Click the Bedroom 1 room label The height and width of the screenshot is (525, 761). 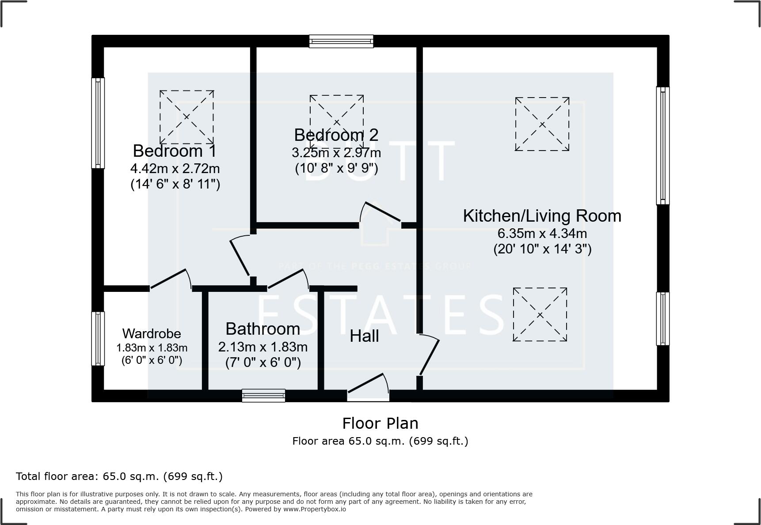click(x=175, y=151)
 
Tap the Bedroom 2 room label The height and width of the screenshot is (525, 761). click(x=336, y=135)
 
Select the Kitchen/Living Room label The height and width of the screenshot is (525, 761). click(x=542, y=216)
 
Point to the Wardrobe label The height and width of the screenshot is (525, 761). click(x=152, y=333)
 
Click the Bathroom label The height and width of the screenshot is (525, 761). click(x=263, y=329)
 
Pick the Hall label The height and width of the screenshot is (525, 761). click(x=364, y=336)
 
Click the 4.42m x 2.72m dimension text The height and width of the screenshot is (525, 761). click(x=175, y=169)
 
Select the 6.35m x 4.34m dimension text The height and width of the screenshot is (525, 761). click(x=542, y=233)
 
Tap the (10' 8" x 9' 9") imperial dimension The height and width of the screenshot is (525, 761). click(x=336, y=168)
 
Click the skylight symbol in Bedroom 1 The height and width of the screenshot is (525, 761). click(x=186, y=117)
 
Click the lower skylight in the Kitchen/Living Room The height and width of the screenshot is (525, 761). click(x=540, y=315)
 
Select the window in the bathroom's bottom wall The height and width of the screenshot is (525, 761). click(x=263, y=396)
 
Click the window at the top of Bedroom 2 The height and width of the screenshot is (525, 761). click(x=341, y=42)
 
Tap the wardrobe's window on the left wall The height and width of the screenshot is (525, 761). click(x=98, y=339)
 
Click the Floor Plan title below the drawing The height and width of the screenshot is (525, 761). click(x=380, y=423)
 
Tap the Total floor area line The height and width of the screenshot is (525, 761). click(x=119, y=476)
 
